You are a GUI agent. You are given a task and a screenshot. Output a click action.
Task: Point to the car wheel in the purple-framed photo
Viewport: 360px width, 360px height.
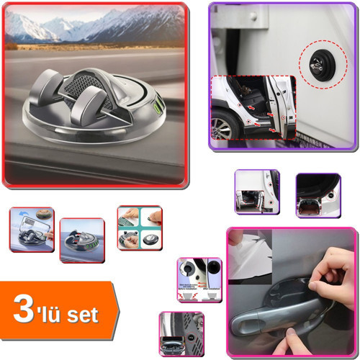[x=223, y=128]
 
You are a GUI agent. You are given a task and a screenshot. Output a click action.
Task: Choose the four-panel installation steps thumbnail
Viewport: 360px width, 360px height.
[x=139, y=228]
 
